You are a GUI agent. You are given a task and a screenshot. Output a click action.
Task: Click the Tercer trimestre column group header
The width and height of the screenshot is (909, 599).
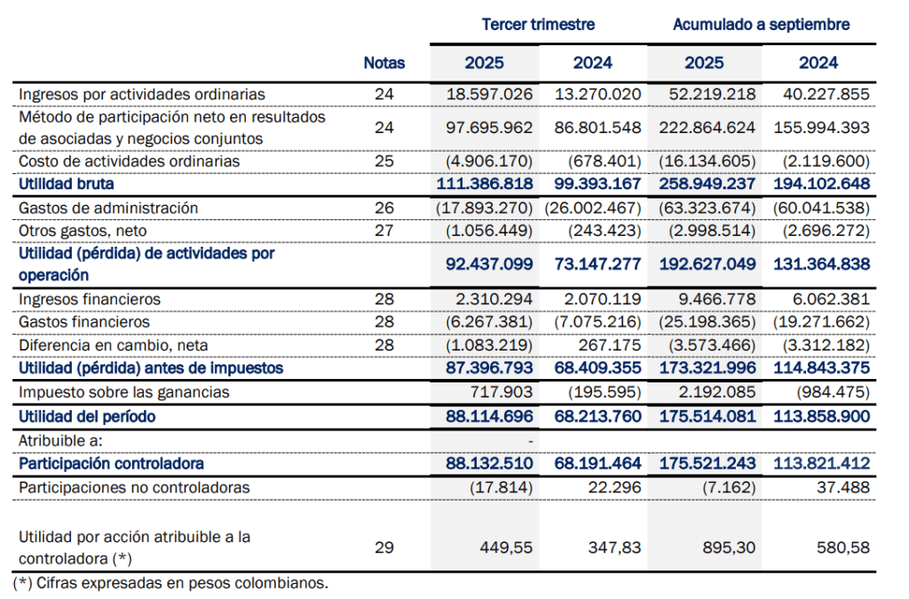(x=538, y=24)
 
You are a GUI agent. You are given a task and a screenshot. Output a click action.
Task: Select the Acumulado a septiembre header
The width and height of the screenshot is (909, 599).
(x=761, y=24)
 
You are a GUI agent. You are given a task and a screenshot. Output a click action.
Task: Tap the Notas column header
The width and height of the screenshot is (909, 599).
(x=383, y=63)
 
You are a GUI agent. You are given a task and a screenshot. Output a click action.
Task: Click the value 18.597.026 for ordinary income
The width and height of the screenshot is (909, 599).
(x=489, y=94)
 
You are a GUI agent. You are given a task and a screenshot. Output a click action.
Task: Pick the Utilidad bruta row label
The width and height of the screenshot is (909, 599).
(x=67, y=185)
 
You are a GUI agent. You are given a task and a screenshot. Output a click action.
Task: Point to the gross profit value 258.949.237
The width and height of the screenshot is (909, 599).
(x=707, y=185)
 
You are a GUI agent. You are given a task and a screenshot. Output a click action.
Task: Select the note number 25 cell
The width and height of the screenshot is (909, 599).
(x=383, y=162)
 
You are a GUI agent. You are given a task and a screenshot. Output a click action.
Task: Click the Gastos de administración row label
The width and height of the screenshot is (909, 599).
(x=108, y=208)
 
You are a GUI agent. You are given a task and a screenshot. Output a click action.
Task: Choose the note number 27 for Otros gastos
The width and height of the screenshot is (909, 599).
(x=383, y=231)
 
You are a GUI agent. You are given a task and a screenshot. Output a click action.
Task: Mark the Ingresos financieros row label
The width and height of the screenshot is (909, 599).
(x=90, y=300)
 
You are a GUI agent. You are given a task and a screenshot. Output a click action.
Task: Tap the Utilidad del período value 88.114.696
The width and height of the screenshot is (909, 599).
(x=486, y=416)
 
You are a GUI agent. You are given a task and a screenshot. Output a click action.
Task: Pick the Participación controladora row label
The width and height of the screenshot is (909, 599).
(x=111, y=463)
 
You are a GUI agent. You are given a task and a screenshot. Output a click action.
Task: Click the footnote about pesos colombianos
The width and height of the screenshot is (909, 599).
(x=170, y=583)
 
